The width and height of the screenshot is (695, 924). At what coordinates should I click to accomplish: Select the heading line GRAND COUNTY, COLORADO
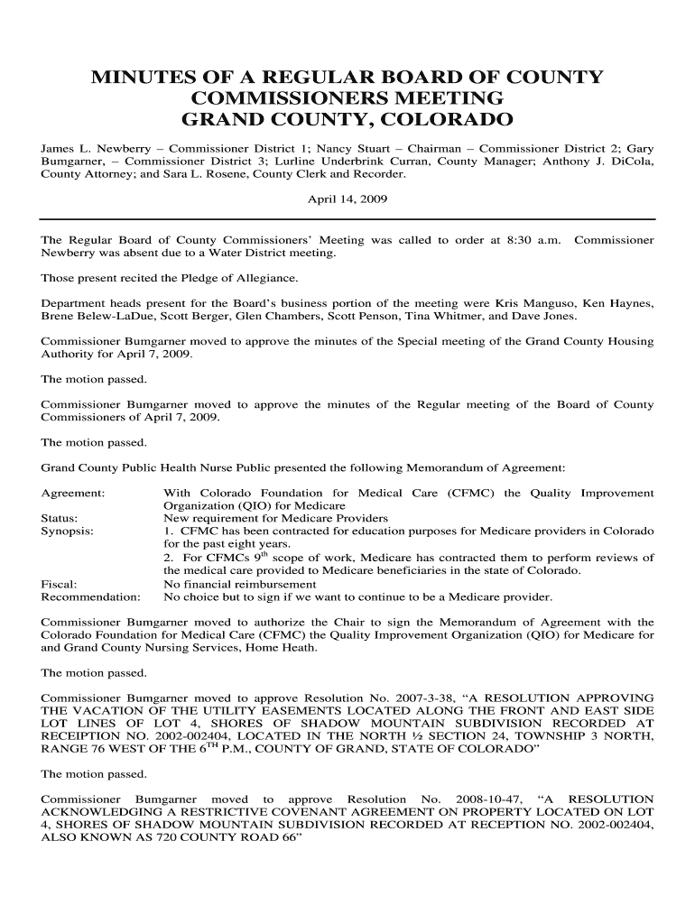pos(347,120)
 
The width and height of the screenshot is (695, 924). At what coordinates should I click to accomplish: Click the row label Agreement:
pos(73,494)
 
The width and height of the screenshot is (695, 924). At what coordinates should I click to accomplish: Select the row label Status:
pos(60,519)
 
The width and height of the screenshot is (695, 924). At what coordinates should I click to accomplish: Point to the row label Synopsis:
pos(68,531)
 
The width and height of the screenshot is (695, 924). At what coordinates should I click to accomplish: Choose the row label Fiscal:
pos(60,584)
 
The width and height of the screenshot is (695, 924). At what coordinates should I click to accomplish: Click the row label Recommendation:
pos(91,596)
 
